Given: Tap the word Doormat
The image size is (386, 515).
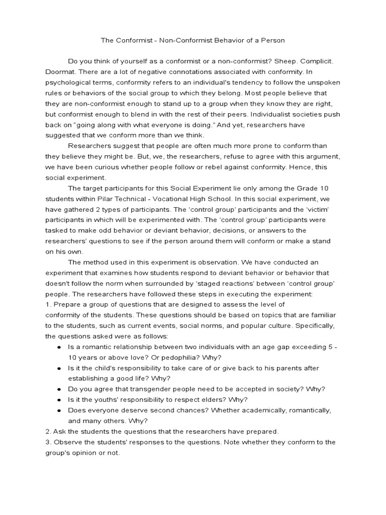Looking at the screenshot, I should pyautogui.click(x=59, y=72).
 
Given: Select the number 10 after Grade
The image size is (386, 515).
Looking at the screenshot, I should pyautogui.click(x=324, y=188).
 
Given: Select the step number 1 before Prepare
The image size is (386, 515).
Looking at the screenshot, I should pyautogui.click(x=47, y=304).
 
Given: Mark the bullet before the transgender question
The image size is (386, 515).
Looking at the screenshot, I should pyautogui.click(x=59, y=389).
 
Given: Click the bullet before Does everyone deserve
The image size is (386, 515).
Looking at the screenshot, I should pyautogui.click(x=59, y=410).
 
